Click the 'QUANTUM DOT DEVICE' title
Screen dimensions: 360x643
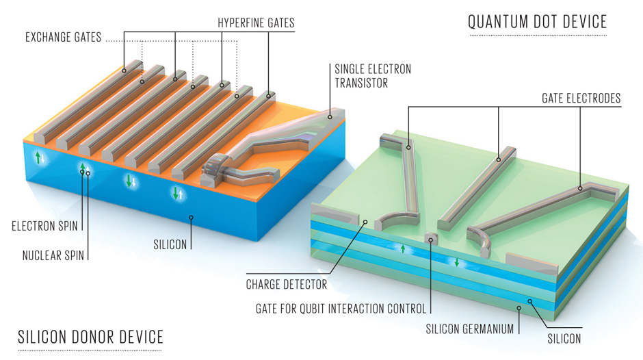pyautogui.click(x=537, y=22)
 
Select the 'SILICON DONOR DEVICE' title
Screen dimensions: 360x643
pyautogui.click(x=91, y=337)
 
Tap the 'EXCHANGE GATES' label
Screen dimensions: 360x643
pyautogui.click(x=63, y=37)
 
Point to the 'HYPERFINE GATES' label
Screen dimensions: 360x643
pyautogui.click(x=256, y=23)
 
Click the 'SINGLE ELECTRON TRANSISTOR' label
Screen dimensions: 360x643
pyautogui.click(x=373, y=76)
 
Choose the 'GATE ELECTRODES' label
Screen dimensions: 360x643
pyautogui.click(x=576, y=99)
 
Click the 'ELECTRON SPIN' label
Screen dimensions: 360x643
pyautogui.click(x=45, y=224)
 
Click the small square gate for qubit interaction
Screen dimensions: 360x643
pyautogui.click(x=430, y=239)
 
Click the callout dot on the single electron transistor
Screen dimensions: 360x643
pyautogui.click(x=330, y=117)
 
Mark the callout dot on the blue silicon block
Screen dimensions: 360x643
pyautogui.click(x=192, y=218)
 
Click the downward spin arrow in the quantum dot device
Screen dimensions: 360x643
pyautogui.click(x=457, y=263)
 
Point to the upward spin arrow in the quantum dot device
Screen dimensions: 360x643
pyautogui.click(x=403, y=248)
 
